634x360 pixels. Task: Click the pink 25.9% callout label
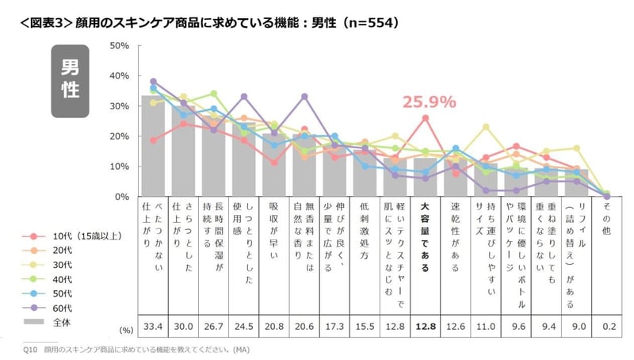[x=430, y=102]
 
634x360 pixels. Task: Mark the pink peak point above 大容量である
[x=426, y=118]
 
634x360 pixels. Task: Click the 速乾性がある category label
[x=455, y=235]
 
